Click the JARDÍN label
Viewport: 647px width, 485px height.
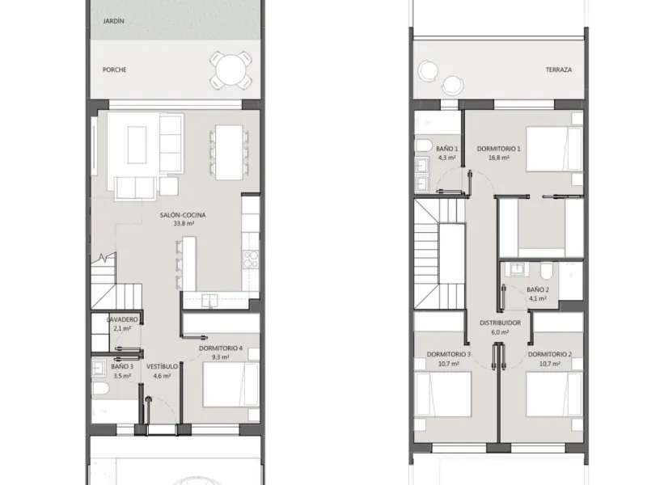click(x=113, y=21)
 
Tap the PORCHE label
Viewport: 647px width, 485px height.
click(x=115, y=70)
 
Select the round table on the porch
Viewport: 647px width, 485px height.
click(x=230, y=70)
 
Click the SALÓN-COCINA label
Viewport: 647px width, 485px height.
click(x=183, y=215)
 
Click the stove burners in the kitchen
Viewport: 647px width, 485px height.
click(x=251, y=259)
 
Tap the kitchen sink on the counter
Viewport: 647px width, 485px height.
click(x=209, y=300)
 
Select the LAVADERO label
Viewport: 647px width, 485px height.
click(x=122, y=319)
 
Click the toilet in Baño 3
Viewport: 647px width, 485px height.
click(x=100, y=388)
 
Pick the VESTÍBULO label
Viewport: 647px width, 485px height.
click(x=163, y=366)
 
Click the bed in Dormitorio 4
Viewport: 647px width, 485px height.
click(x=230, y=385)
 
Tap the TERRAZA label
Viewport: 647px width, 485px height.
click(x=559, y=70)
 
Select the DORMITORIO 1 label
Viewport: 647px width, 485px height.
click(x=498, y=149)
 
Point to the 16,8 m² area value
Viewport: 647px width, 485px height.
click(x=498, y=158)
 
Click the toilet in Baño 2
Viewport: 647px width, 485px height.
click(x=546, y=270)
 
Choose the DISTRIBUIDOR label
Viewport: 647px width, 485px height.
click(x=500, y=323)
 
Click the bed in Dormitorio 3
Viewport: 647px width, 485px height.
click(x=443, y=394)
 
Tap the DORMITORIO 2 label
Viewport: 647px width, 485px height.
click(x=550, y=354)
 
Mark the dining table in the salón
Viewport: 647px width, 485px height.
click(x=229, y=153)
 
